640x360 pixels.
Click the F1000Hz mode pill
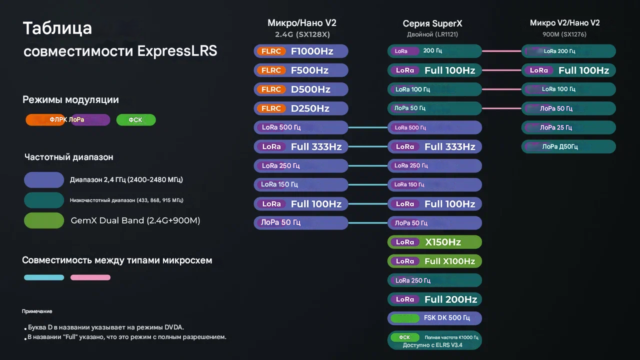300,51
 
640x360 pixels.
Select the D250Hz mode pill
300,108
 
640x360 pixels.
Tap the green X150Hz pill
434,242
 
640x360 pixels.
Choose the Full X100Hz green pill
434,261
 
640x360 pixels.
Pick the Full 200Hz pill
434,299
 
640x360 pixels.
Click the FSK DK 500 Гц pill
434,318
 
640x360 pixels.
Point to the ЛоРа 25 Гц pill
568,127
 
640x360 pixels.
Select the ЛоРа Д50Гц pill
568,146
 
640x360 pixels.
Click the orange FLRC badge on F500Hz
271,70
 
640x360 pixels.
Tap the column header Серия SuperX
432,24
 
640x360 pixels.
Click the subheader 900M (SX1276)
564,34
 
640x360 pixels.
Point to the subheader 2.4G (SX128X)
302,34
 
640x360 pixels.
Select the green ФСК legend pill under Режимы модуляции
136,120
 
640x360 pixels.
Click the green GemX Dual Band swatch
44,220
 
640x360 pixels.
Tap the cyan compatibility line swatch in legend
44,277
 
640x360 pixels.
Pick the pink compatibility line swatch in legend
90,277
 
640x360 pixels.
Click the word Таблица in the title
57,28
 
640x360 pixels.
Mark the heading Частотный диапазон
69,157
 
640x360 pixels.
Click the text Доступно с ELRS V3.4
432,345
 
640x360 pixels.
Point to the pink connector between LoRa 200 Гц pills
501,51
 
